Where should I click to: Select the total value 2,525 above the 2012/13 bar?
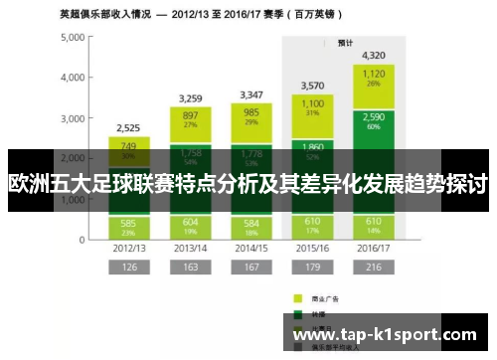click(x=129, y=128)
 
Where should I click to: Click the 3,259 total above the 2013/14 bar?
click(x=191, y=98)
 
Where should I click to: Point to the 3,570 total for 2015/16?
click(x=313, y=86)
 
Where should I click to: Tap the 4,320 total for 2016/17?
click(x=374, y=55)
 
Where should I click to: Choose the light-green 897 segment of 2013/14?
click(x=191, y=117)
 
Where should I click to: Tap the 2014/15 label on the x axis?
click(x=251, y=248)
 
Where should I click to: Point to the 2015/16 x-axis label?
click(x=313, y=248)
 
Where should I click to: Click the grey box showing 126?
click(x=129, y=267)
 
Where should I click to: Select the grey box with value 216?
click(x=374, y=267)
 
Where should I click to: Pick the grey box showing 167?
click(x=251, y=267)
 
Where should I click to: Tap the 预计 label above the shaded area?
click(x=345, y=43)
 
